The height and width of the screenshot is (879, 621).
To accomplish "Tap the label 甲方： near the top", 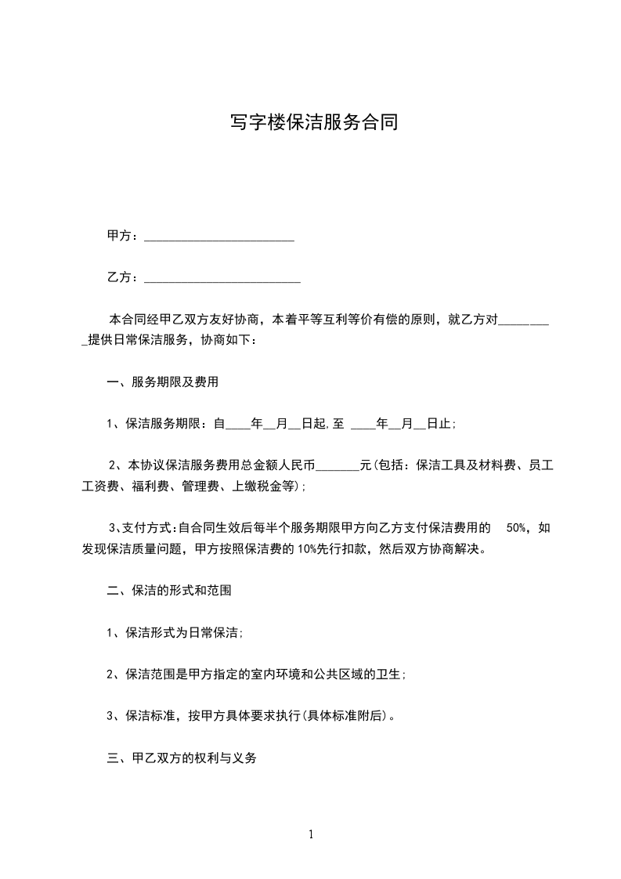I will pos(125,236).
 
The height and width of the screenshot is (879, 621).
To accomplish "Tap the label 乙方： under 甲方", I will pos(125,277).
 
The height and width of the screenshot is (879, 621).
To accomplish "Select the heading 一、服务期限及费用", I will pos(162,383).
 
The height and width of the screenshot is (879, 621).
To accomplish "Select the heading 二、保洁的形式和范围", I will pos(168,591).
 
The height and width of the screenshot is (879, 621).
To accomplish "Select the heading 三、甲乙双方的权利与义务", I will pos(182,758).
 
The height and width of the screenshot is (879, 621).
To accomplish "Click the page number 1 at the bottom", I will pos(311,835).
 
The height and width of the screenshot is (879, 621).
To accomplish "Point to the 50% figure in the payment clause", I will pos(517,528).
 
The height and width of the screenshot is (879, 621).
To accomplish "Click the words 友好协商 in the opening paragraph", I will pos(239,320).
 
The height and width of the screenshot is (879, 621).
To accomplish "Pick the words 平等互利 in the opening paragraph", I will pos(340,320).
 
